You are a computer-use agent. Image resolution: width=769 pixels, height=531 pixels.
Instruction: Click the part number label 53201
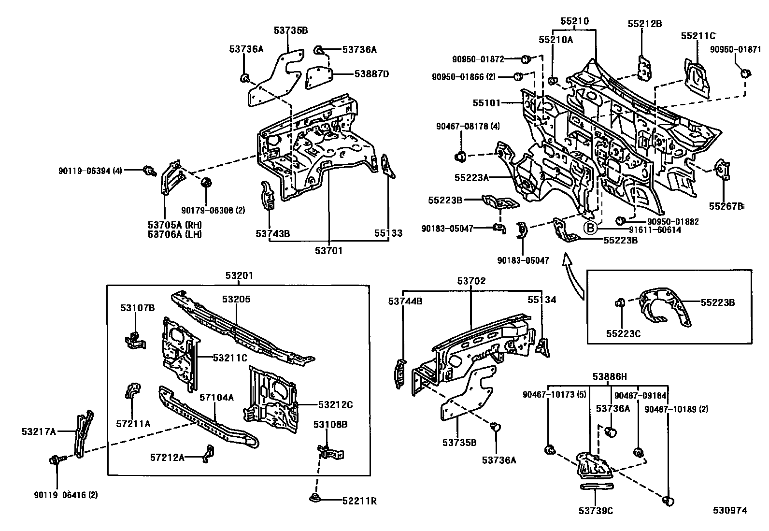[239, 276]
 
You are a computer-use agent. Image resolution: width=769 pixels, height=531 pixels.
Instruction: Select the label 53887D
[371, 74]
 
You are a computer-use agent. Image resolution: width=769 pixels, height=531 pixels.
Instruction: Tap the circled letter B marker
[590, 227]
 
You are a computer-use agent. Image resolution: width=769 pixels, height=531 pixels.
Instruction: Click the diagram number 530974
[731, 510]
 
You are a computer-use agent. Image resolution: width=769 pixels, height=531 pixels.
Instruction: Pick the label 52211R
[359, 501]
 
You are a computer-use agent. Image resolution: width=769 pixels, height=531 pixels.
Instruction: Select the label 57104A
[217, 398]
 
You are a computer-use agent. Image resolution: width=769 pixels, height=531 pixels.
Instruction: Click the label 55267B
[726, 206]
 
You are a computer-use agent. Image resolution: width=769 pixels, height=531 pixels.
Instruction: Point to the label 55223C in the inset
[623, 333]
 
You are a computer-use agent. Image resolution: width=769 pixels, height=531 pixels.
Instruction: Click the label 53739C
[596, 511]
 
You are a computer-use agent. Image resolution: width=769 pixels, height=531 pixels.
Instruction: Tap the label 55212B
[644, 24]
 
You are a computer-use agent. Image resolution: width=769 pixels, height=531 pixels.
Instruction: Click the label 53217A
[39, 431]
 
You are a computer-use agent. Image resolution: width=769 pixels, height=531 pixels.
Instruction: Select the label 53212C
[335, 404]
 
